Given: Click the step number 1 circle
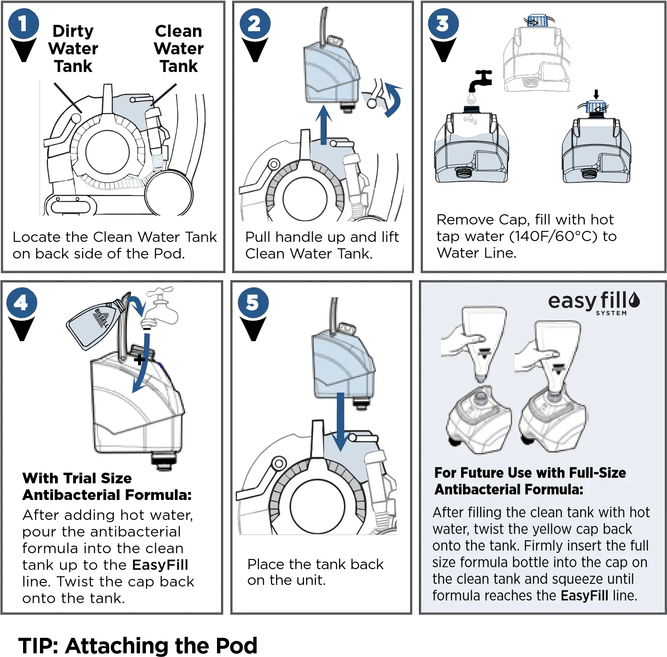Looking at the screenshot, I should [23, 24].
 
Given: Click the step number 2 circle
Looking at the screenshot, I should [254, 24].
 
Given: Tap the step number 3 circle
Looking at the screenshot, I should [442, 24].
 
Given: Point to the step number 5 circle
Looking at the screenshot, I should [253, 303].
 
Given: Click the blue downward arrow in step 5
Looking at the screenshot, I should [340, 421].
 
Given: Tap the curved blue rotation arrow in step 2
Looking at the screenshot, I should [393, 100].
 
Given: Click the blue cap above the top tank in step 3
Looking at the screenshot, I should [537, 20].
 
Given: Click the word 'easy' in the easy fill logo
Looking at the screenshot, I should [572, 302].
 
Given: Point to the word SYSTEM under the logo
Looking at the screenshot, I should [611, 313].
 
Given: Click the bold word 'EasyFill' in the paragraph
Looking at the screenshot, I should [584, 595].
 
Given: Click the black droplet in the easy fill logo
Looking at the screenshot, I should [634, 300].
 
